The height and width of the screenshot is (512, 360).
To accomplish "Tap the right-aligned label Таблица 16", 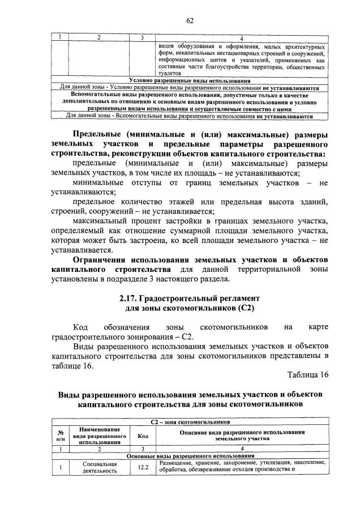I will [307, 374].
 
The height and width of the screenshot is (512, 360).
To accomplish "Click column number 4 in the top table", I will [242, 38].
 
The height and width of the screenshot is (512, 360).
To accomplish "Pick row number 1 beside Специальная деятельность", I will [60, 467].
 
